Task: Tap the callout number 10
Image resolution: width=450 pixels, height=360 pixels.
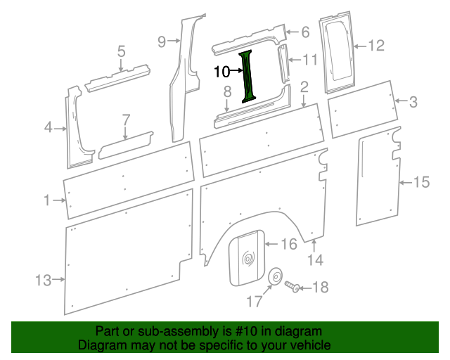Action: click(x=221, y=71)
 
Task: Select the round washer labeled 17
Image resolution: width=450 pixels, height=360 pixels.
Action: click(x=275, y=276)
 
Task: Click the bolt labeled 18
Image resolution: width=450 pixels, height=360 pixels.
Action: click(x=292, y=287)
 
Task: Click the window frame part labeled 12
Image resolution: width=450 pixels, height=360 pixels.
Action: click(x=339, y=52)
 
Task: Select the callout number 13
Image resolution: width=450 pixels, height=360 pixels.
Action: click(x=44, y=281)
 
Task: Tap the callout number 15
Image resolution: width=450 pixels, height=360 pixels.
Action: click(x=420, y=183)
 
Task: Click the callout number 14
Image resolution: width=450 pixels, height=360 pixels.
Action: click(x=315, y=260)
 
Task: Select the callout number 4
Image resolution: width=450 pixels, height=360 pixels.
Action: click(x=49, y=127)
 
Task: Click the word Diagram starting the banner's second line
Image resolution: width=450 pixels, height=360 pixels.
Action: click(x=99, y=346)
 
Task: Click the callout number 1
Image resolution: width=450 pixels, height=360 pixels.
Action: click(x=47, y=200)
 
